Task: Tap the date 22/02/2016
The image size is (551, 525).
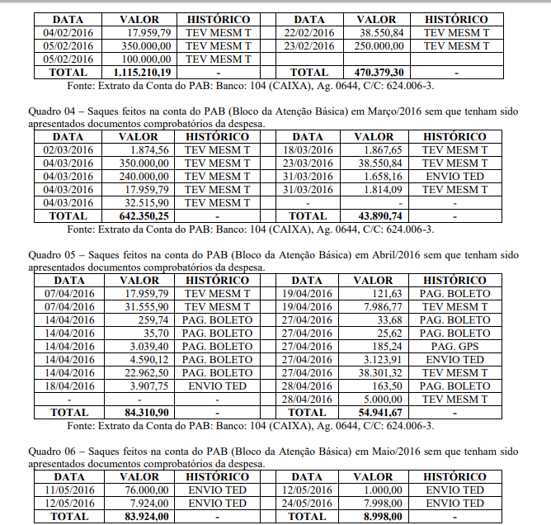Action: [x=308, y=33]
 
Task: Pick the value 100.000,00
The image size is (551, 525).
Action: [x=144, y=59]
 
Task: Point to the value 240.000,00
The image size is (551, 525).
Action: [x=144, y=177]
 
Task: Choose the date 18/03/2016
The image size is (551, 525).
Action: [x=308, y=150]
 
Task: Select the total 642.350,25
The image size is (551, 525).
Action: [x=144, y=216]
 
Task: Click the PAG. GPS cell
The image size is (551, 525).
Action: [x=454, y=347]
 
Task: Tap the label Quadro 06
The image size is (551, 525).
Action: [x=51, y=451]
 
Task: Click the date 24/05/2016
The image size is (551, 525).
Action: [x=308, y=504]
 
